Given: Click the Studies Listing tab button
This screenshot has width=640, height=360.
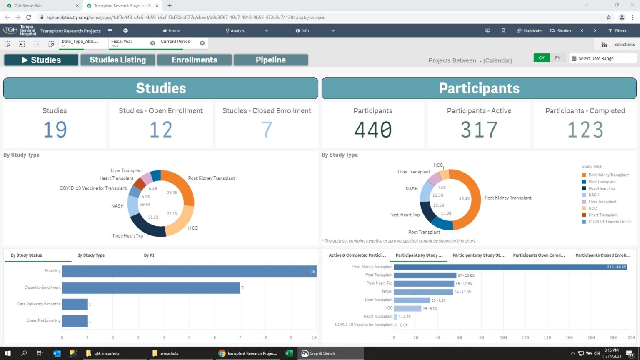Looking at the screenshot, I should (118, 60).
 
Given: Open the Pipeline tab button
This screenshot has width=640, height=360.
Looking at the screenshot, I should (270, 60).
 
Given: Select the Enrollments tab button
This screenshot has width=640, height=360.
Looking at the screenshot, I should (194, 60).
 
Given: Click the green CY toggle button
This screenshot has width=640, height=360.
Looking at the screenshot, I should (541, 58).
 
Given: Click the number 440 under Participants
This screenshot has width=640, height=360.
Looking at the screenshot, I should (373, 130).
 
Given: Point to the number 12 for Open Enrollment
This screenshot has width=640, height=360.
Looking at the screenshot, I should (161, 130).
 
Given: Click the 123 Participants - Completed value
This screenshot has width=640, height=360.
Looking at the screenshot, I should (585, 130).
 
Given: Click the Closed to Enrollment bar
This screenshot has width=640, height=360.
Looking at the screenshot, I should (151, 288).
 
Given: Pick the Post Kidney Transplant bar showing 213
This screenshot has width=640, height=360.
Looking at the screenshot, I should (510, 267).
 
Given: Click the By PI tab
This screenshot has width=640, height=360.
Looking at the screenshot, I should (149, 255).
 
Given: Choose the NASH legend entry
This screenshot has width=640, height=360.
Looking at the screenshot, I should (593, 195).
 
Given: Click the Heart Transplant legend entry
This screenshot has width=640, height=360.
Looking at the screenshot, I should (602, 215).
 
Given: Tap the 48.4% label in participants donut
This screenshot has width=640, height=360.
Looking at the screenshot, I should (464, 199).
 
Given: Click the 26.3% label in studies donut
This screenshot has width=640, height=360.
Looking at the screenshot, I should (172, 193).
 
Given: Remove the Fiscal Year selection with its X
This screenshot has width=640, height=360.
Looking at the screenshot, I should (152, 43).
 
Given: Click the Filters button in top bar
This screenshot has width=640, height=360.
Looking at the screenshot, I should (617, 31).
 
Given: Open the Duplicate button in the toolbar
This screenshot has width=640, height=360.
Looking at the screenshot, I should (529, 31).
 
